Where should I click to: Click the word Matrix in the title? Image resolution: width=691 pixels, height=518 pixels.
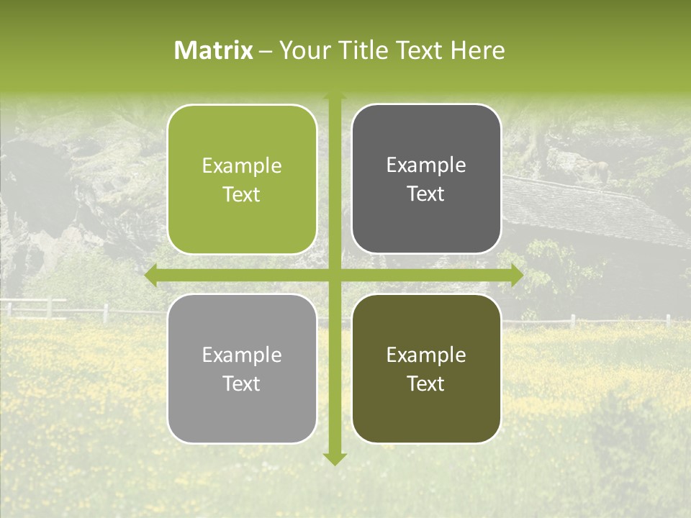pos(214,50)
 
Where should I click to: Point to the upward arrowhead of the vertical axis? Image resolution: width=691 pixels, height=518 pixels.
pos(334,96)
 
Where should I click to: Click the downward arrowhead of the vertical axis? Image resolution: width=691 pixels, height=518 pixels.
pos(334,458)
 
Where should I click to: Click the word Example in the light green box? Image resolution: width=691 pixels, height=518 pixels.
pos(242,166)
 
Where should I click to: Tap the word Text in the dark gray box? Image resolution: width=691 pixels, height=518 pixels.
pos(426,194)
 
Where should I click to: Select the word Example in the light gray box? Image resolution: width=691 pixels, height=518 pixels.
pos(242,355)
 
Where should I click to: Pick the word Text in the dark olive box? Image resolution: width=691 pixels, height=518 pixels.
pos(426,383)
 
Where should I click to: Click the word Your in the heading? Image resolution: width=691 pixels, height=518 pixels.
pos(303,50)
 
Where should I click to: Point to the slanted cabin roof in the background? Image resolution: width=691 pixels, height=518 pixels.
pos(590,209)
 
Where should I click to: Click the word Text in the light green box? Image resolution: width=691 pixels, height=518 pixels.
pos(242,195)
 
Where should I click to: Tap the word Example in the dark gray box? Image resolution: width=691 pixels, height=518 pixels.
pos(426,165)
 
